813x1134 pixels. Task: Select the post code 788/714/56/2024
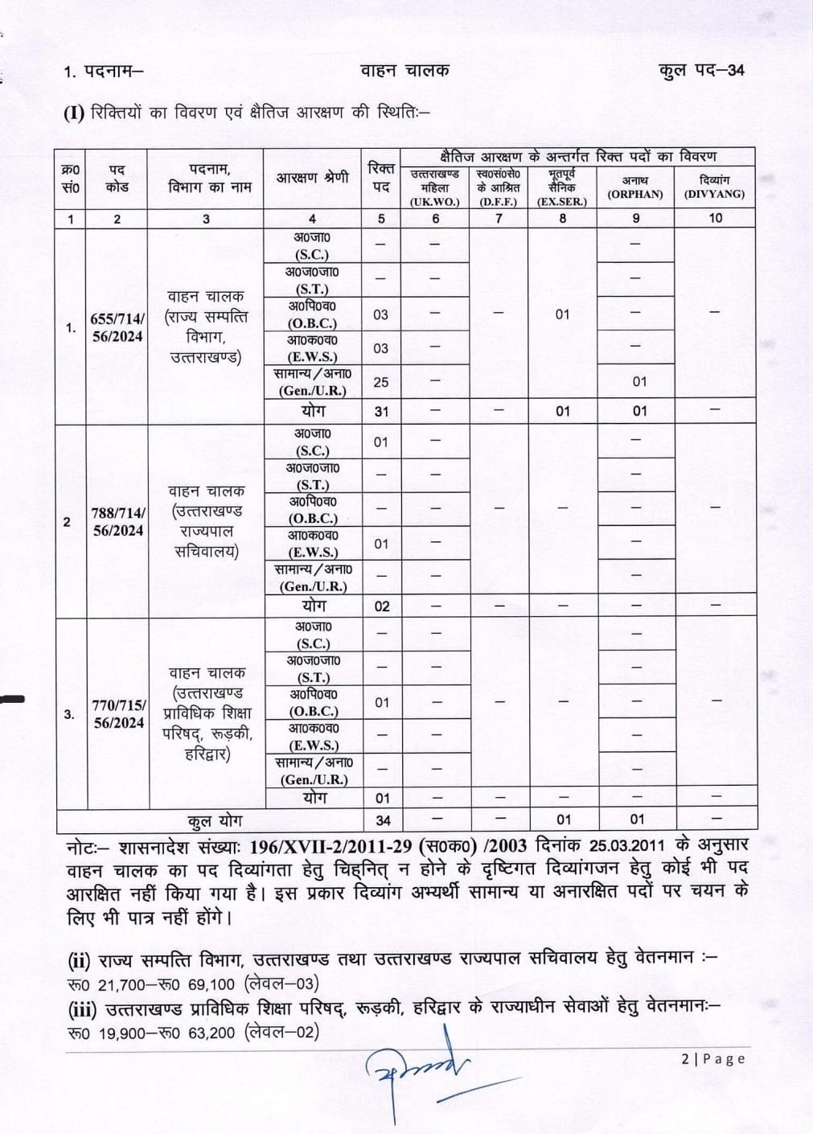[x=117, y=521]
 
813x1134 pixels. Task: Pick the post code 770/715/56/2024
[x=118, y=714]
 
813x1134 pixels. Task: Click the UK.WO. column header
[x=434, y=187]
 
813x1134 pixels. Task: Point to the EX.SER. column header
[x=562, y=187]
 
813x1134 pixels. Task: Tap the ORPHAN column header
[x=635, y=187]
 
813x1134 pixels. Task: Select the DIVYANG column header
[x=714, y=187]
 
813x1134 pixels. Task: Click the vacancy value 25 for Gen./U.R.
[x=381, y=382]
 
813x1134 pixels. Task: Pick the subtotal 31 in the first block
[x=381, y=411]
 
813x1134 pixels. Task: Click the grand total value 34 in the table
[x=383, y=820]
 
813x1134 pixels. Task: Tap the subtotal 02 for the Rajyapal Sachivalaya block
[x=382, y=606]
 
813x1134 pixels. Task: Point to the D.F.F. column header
[x=499, y=187]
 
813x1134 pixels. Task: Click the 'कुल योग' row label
[x=214, y=821]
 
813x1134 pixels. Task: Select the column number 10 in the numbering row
[x=715, y=218]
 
